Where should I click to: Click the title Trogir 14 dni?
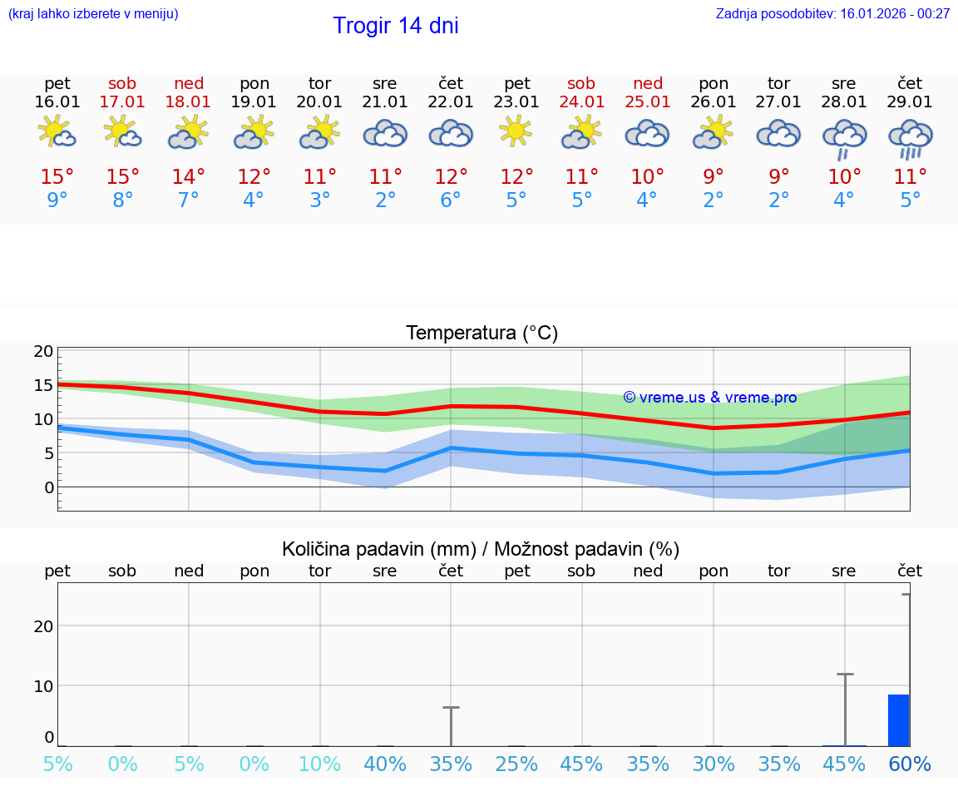395,26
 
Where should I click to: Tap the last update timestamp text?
832,13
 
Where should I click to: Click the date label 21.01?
385,101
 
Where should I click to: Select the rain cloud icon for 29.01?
911,137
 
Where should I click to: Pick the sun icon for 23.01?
516,131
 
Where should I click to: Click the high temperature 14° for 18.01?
189,176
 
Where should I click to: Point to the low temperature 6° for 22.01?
450,200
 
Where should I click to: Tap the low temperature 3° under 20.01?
319,200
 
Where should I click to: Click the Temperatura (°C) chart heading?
481,333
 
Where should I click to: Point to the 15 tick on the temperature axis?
43,385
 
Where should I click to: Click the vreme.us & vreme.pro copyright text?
709,398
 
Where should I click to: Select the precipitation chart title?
481,549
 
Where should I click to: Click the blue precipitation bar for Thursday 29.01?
898,720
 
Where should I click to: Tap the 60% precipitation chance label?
910,764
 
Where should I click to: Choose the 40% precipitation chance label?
385,764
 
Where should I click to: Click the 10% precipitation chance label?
319,764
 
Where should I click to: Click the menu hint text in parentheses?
92,13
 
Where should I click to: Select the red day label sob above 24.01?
581,83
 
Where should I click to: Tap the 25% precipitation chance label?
516,764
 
